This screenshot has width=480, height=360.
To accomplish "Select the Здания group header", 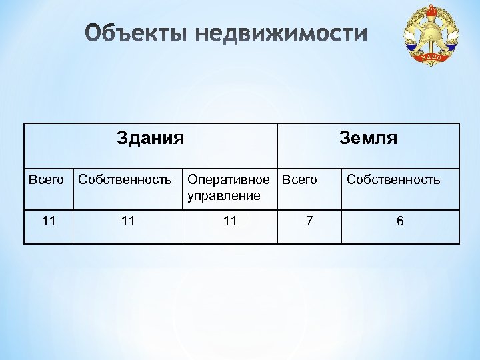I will pos(150,138).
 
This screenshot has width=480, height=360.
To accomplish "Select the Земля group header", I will pos(368,138).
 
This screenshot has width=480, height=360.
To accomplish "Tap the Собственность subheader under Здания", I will pos(125,179).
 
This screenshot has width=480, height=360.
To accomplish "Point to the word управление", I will pos(223,195).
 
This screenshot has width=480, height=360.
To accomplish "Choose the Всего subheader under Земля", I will pos(300,179).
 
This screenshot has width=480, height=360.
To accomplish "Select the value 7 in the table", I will pos(308,221).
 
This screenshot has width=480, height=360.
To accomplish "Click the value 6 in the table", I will pos(400,221).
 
